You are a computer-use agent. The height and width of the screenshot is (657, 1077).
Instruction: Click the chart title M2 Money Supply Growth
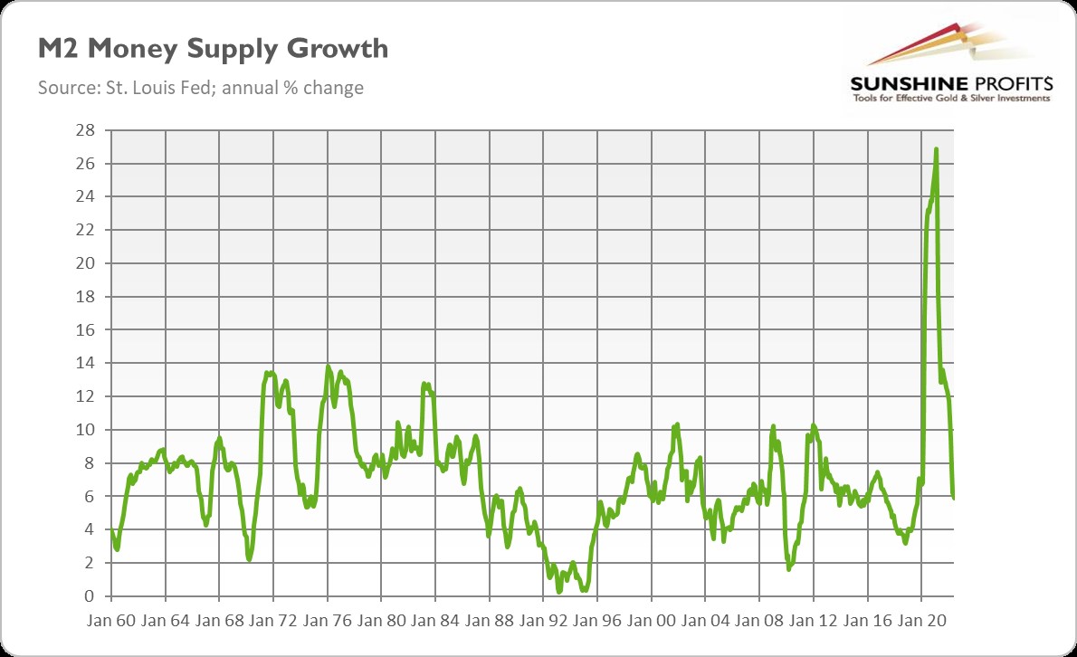coord(213,49)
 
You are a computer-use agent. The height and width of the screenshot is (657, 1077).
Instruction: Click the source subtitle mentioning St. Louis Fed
coord(200,88)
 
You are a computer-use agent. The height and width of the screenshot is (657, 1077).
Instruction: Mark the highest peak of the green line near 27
coord(936,149)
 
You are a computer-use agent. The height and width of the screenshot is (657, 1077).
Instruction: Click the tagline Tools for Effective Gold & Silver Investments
coord(950,98)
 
